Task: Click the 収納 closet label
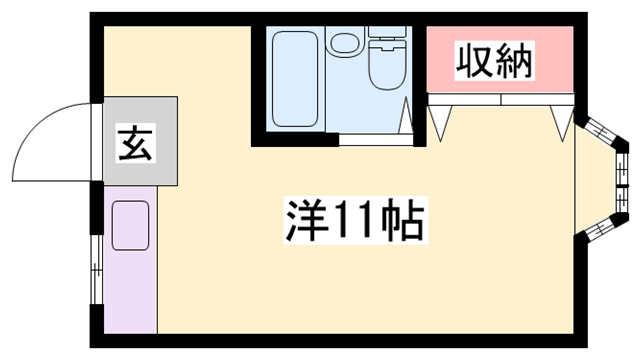(x=494, y=63)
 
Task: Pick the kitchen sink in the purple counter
(x=130, y=225)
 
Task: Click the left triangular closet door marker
(x=442, y=118)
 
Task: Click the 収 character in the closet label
(x=474, y=63)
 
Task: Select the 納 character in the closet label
(x=514, y=63)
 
